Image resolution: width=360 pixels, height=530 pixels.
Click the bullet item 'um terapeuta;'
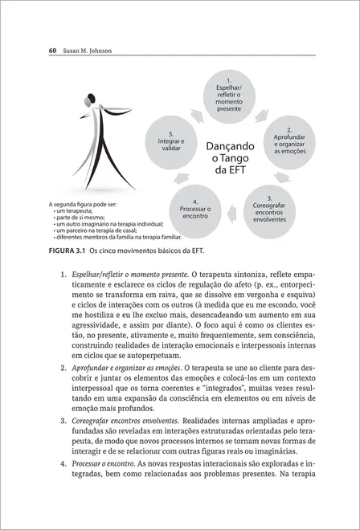coord(75,210)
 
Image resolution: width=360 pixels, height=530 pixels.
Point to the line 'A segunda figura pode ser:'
coord(83,204)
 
